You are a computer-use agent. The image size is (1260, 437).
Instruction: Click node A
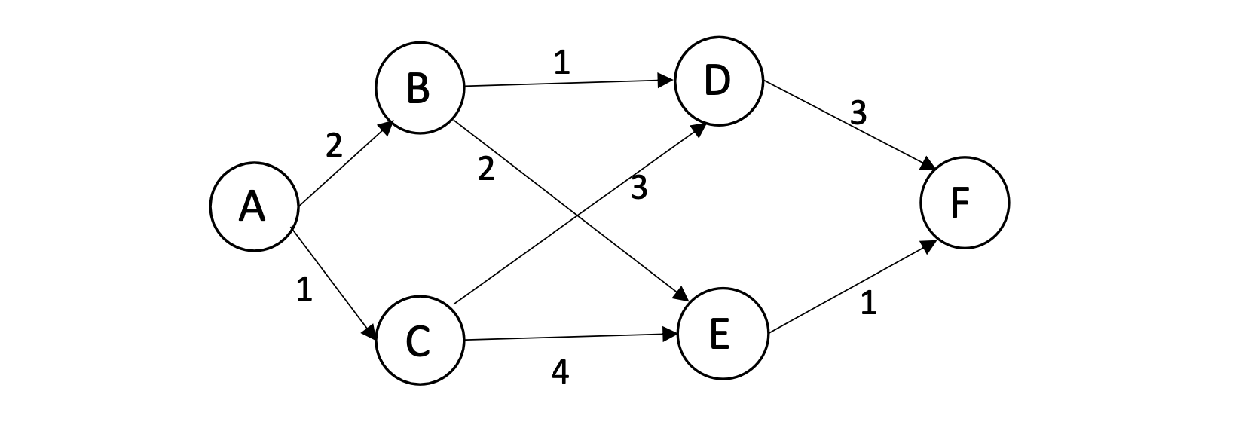tap(252, 206)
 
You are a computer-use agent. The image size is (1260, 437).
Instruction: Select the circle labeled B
tap(418, 88)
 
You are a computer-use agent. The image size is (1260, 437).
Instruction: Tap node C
tap(418, 340)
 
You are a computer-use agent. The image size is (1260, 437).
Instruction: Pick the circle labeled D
tap(718, 81)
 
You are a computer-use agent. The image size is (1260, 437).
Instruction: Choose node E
tap(721, 334)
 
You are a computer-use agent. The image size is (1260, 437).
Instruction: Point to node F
tap(964, 203)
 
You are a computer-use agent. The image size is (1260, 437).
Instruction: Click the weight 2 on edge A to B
tap(334, 145)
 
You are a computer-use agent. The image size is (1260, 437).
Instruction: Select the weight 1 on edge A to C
tap(304, 289)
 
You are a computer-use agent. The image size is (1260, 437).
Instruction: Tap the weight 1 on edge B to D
tap(561, 63)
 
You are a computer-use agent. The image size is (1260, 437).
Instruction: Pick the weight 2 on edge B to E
tap(486, 170)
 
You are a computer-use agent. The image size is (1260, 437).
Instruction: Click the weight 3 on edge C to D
tap(638, 188)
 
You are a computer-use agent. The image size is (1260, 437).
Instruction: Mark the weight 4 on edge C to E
tap(560, 372)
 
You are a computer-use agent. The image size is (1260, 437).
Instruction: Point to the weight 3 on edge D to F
tap(858, 114)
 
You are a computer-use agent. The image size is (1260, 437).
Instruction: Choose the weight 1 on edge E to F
tap(868, 303)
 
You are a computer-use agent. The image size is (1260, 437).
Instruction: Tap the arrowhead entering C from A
tap(371, 332)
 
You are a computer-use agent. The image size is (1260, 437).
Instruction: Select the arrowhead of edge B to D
tap(667, 80)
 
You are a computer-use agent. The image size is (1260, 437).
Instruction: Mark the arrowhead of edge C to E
tap(670, 334)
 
